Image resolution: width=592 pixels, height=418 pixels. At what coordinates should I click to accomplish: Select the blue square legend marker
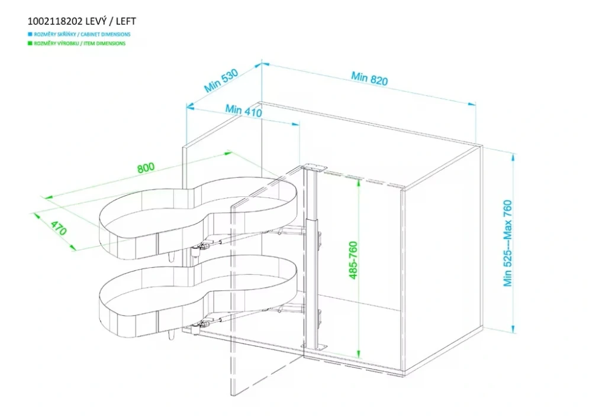click(30, 35)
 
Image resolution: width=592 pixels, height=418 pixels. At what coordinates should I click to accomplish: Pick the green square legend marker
click(30, 43)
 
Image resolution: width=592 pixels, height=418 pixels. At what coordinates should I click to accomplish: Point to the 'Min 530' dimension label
click(221, 80)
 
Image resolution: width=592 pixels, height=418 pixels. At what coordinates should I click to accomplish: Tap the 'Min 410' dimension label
click(243, 110)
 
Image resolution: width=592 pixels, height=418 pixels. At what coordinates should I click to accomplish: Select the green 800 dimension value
click(146, 167)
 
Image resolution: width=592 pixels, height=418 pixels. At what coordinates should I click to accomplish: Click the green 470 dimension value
click(57, 228)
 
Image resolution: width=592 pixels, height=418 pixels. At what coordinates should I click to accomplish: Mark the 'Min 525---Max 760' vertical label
click(508, 243)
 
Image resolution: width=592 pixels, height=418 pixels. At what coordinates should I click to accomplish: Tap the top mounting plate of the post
click(313, 169)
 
